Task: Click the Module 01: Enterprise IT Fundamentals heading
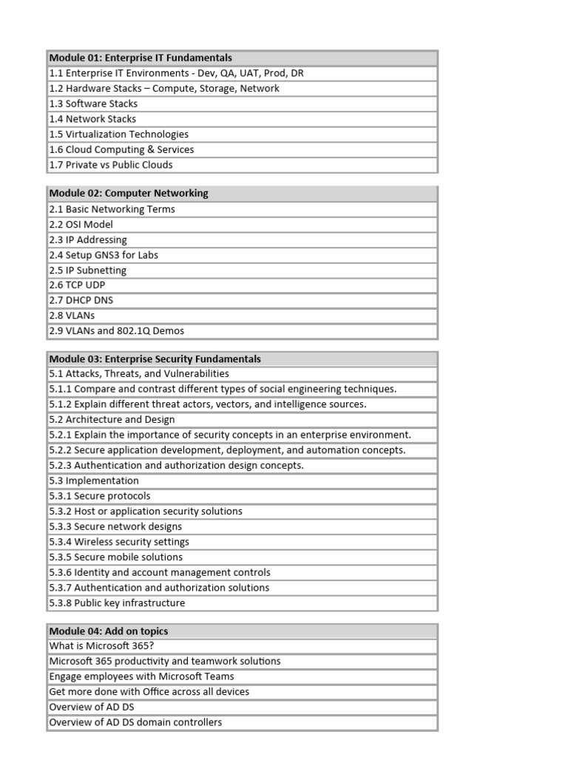pyautogui.click(x=141, y=58)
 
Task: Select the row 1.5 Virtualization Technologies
pyautogui.click(x=119, y=135)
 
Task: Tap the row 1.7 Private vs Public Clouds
pyautogui.click(x=111, y=165)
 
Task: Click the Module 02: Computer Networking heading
pyautogui.click(x=129, y=194)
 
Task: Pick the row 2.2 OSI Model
pyautogui.click(x=81, y=225)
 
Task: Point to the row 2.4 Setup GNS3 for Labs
pyautogui.click(x=104, y=255)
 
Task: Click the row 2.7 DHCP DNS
pyautogui.click(x=81, y=301)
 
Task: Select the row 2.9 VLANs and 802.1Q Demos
pyautogui.click(x=117, y=331)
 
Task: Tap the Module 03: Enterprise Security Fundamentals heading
pyautogui.click(x=155, y=359)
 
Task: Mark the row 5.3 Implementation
pyautogui.click(x=94, y=481)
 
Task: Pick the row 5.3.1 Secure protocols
pyautogui.click(x=100, y=496)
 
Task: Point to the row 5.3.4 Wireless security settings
pyautogui.click(x=119, y=542)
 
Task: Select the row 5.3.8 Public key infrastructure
pyautogui.click(x=118, y=603)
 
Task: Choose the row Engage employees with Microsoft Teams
pyautogui.click(x=141, y=677)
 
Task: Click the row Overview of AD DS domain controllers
pyautogui.click(x=135, y=723)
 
